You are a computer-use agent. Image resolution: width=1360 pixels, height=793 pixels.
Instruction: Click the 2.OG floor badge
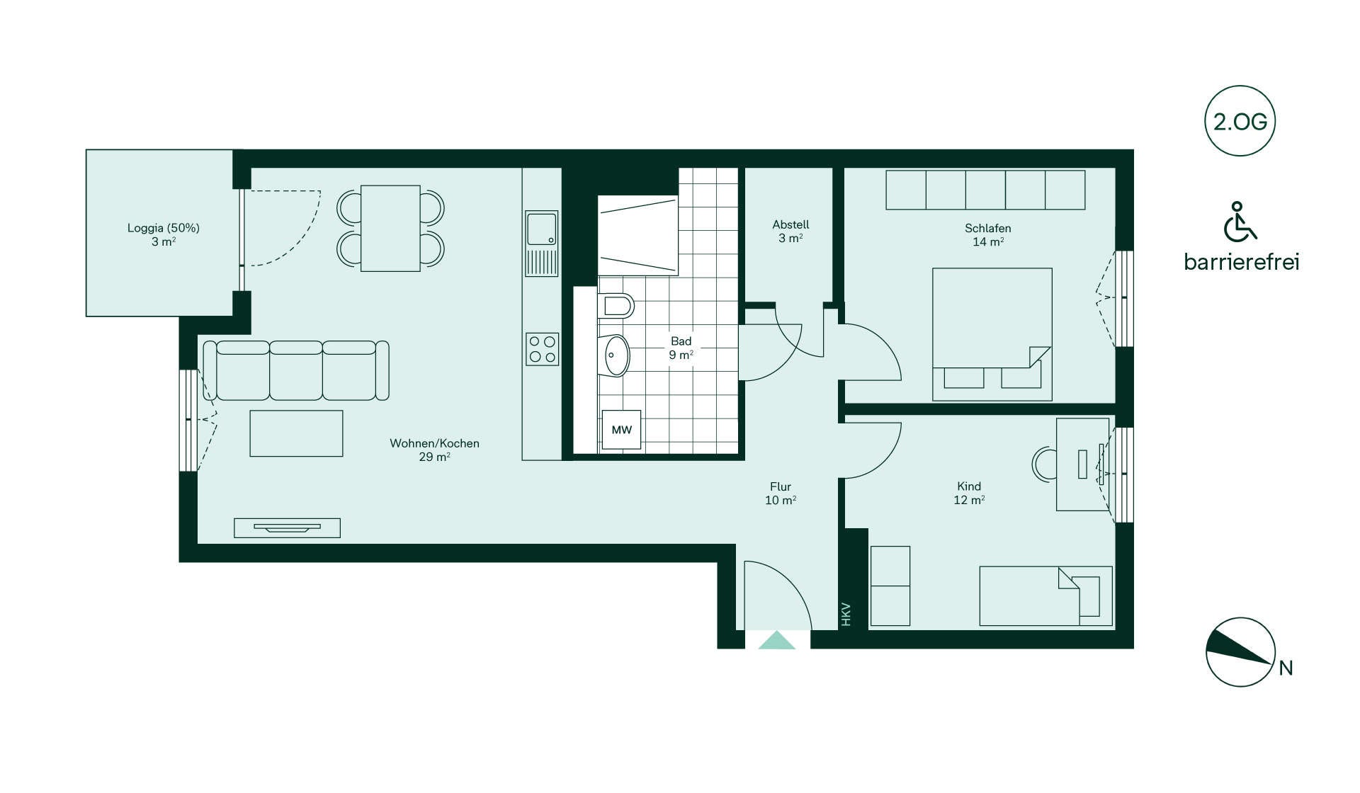click(x=1240, y=121)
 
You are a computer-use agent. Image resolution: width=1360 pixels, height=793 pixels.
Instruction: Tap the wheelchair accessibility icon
click(x=1240, y=222)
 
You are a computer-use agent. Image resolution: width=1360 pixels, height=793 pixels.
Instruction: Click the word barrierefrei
click(x=1242, y=262)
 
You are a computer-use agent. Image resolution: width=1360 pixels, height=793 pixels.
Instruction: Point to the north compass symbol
click(x=1241, y=652)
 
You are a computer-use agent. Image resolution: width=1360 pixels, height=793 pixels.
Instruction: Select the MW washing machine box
click(x=621, y=429)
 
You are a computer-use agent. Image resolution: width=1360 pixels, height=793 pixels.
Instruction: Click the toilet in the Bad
click(x=615, y=306)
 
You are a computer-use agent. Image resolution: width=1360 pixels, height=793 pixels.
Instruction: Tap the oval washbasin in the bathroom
click(x=616, y=355)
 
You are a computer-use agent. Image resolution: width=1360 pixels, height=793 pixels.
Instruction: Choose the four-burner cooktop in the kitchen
click(x=542, y=349)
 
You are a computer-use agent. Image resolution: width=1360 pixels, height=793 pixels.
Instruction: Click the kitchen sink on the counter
click(x=542, y=243)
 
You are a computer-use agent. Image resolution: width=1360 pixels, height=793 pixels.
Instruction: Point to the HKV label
click(x=846, y=614)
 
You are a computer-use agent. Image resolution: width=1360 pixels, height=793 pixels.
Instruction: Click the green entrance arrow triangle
click(x=777, y=640)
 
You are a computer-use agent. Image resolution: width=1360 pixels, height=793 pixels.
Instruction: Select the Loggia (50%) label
click(x=164, y=228)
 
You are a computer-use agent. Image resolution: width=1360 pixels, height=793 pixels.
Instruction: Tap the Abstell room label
click(x=790, y=224)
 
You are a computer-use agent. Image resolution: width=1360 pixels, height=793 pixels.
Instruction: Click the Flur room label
click(x=781, y=486)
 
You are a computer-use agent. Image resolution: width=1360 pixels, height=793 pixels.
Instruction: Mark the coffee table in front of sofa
click(x=296, y=433)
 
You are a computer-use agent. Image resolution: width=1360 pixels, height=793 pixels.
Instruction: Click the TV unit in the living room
click(x=287, y=527)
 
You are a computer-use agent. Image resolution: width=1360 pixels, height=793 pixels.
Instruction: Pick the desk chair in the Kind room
click(x=1043, y=464)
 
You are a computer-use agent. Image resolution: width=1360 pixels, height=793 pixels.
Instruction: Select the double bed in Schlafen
click(x=992, y=334)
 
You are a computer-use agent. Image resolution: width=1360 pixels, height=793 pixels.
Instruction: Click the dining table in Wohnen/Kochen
click(x=390, y=228)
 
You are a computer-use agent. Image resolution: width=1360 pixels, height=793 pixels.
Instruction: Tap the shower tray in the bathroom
click(x=638, y=236)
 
